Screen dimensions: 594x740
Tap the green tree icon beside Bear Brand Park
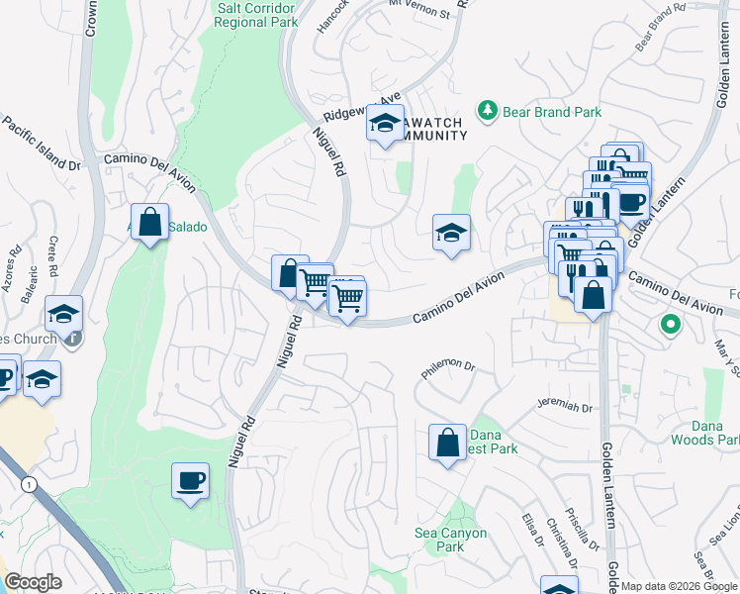pyautogui.click(x=487, y=112)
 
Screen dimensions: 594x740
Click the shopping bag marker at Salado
pyautogui.click(x=149, y=223)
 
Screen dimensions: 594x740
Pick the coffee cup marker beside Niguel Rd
pyautogui.click(x=190, y=481)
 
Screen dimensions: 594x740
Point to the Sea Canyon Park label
pyautogui.click(x=450, y=540)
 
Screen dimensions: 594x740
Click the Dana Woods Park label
pyautogui.click(x=703, y=431)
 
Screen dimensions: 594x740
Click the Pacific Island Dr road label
pyautogui.click(x=41, y=143)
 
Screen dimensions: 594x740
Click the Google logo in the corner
pyautogui.click(x=33, y=582)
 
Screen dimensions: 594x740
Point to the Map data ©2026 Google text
pyautogui.click(x=678, y=586)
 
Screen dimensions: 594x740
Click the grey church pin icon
pyautogui.click(x=74, y=338)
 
